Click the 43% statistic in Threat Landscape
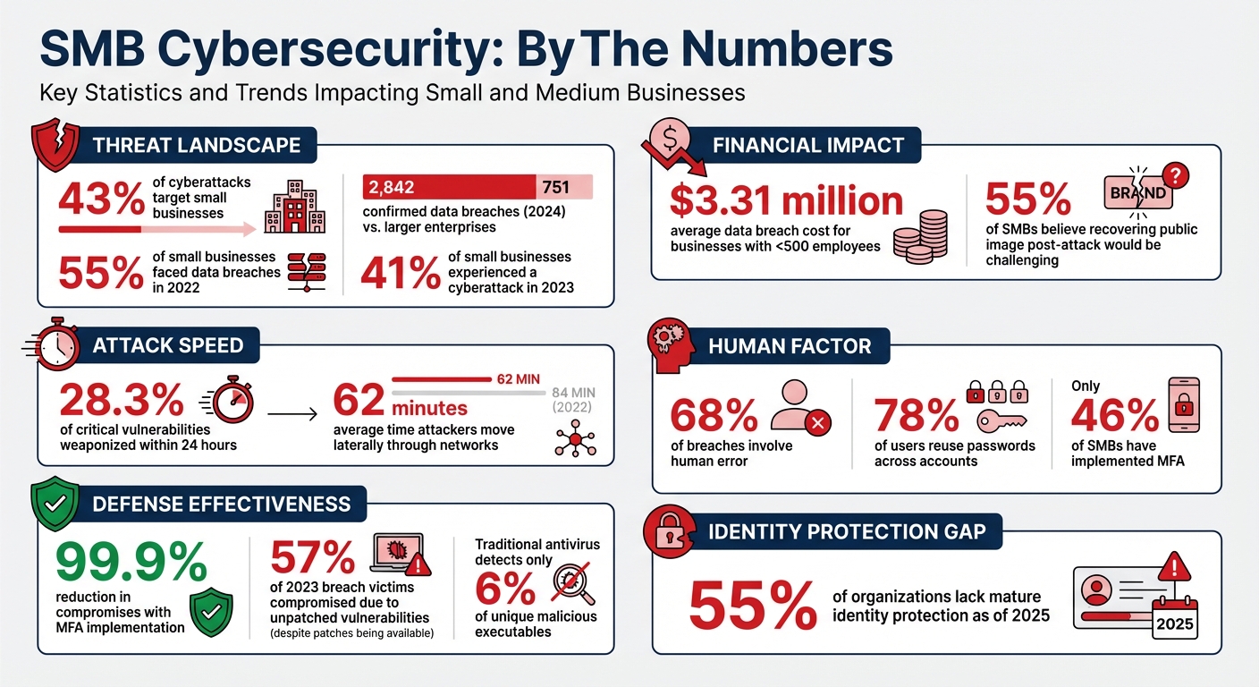click(x=100, y=199)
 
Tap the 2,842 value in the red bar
click(x=386, y=187)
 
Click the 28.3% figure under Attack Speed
click(x=121, y=399)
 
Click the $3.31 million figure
click(x=786, y=202)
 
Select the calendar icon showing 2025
click(x=1174, y=614)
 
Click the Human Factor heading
click(x=790, y=346)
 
